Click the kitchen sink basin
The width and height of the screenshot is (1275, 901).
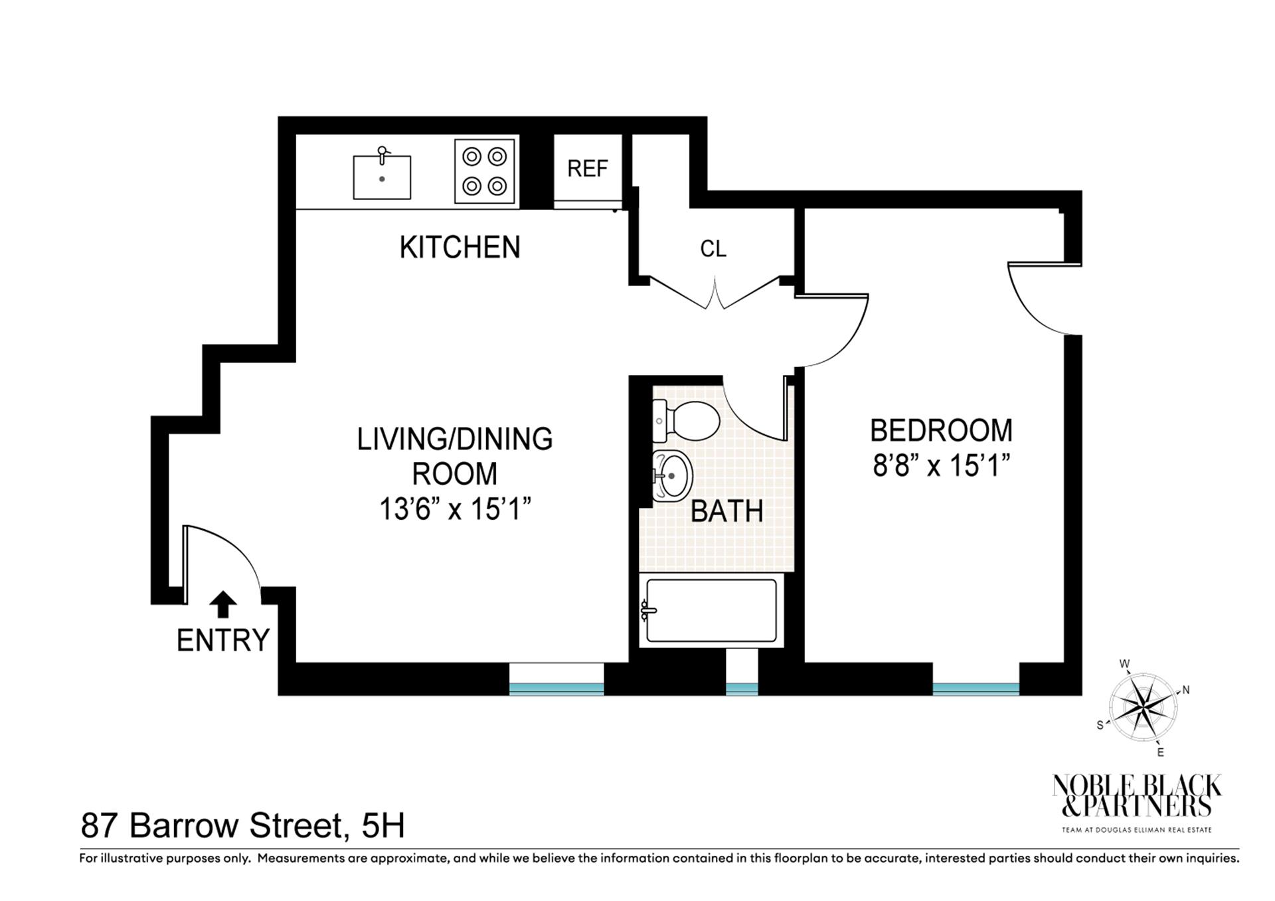click(x=382, y=177)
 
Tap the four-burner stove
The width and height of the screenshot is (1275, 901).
click(x=485, y=171)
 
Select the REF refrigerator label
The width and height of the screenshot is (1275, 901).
click(x=588, y=169)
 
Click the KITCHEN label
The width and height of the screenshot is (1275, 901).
click(x=460, y=248)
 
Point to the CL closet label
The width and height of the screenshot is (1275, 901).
click(x=713, y=249)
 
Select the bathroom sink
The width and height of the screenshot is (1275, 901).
click(x=671, y=476)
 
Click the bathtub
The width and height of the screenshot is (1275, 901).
click(x=711, y=610)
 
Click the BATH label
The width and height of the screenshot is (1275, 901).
click(x=726, y=511)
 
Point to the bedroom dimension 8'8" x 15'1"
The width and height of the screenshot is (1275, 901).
click(x=941, y=466)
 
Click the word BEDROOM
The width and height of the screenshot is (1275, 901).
click(x=941, y=430)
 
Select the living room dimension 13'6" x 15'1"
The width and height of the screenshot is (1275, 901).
click(x=455, y=509)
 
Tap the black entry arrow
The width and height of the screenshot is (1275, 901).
click(x=223, y=604)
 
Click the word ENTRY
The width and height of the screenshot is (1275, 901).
click(x=223, y=641)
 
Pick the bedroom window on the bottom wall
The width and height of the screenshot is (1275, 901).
click(x=976, y=689)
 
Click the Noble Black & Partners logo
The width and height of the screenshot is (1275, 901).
click(x=1136, y=800)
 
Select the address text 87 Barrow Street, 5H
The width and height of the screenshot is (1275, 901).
click(x=243, y=826)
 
